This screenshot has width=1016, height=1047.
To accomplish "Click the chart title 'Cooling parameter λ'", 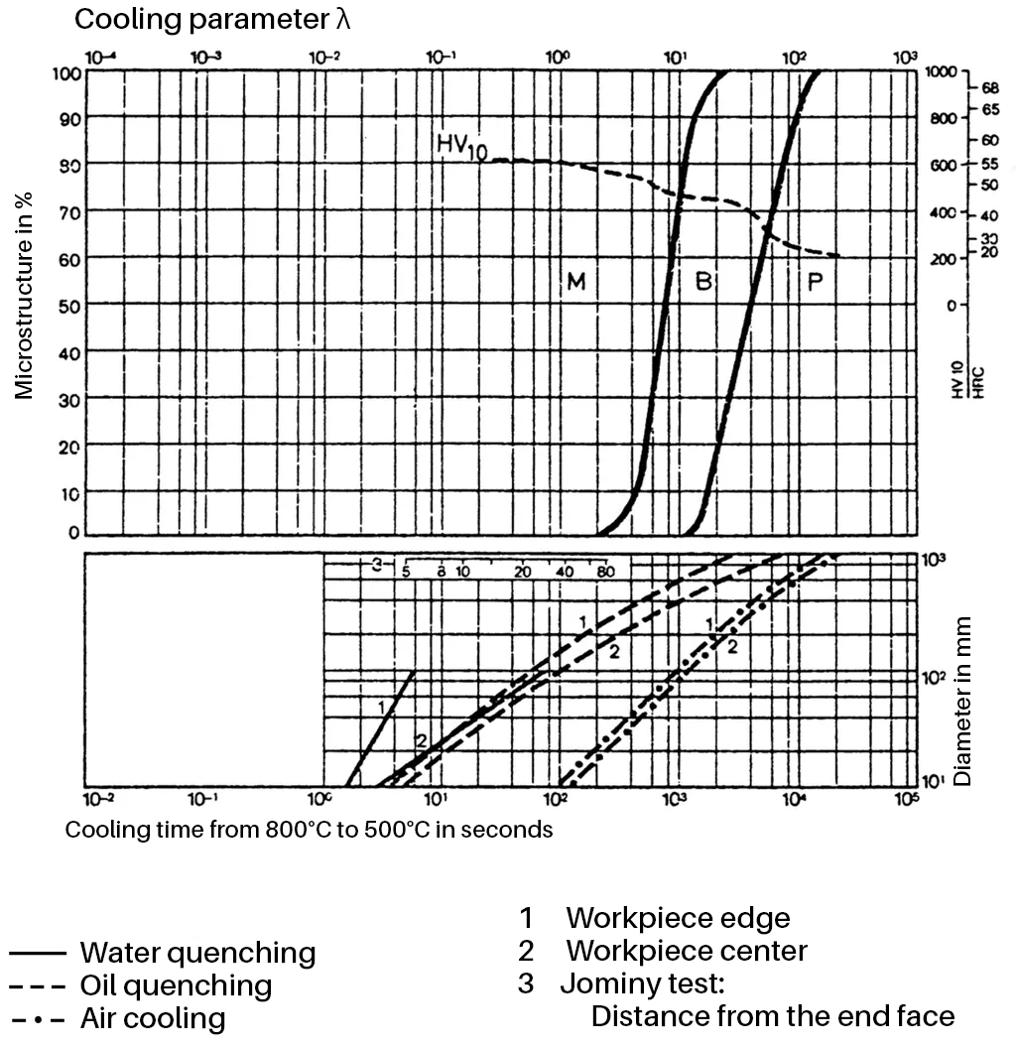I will pos(212,19).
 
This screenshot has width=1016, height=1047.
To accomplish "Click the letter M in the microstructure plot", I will pos(576,282).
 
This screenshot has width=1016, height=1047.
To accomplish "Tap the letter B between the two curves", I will pos(703,282).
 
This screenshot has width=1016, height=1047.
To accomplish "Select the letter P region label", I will pos(816,282).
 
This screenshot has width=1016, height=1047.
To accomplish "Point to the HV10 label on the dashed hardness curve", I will pos(463,145).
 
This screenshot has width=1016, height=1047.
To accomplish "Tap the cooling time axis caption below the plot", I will pos(309,830).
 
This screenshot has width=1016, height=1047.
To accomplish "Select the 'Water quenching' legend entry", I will pos(197,953).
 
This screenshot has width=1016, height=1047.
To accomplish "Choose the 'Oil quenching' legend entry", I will pos(176,985).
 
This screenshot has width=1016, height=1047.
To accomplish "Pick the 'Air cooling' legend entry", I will pos(153,1018).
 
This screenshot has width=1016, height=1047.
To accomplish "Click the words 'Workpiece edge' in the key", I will pos(678,918).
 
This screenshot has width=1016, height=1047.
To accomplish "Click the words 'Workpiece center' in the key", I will pos(687,951).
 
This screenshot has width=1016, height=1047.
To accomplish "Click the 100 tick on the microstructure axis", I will pos(66,72).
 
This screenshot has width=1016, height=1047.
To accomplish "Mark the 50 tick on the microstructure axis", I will pos(66,306).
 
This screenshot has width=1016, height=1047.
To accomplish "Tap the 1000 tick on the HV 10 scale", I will pos(941,72).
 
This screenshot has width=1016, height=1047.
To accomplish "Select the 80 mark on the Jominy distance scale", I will pos(605,572).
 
